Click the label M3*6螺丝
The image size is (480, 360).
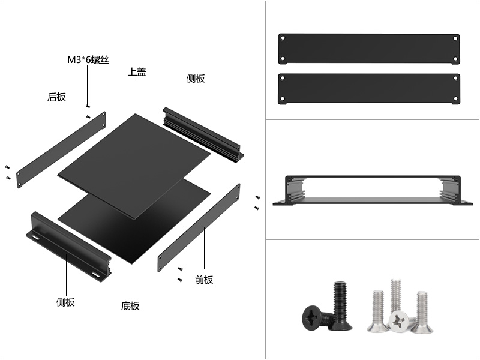pyautogui.click(x=88, y=59)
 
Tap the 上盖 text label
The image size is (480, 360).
pyautogui.click(x=137, y=72)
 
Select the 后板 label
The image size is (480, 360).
pyautogui.click(x=56, y=97)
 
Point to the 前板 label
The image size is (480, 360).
pyautogui.click(x=204, y=280)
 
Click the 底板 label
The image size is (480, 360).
pyautogui.click(x=130, y=306)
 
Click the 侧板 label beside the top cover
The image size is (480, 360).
pyautogui.click(x=196, y=79)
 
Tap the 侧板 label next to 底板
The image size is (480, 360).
pyautogui.click(x=65, y=302)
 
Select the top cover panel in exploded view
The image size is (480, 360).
pyautogui.click(x=134, y=166)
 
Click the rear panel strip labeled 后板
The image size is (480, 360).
pyautogui.click(x=61, y=149)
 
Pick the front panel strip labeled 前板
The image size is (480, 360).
pyautogui.click(x=199, y=227)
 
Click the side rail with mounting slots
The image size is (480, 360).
pyautogui.click(x=68, y=247)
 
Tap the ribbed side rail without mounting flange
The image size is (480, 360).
pyautogui.click(x=203, y=134)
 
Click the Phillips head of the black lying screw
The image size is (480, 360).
pyautogui.click(x=311, y=317)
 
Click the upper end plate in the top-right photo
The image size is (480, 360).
pyautogui.click(x=369, y=49)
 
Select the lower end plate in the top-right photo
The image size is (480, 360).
pyautogui.click(x=369, y=89)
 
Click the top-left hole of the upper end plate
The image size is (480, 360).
pyautogui.click(x=283, y=38)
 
